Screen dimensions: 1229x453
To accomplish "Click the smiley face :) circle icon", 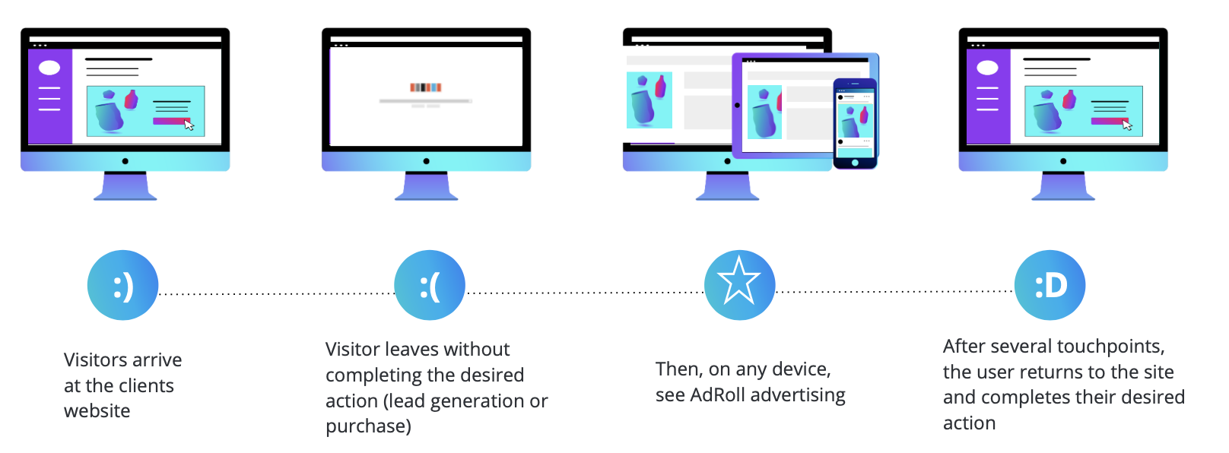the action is coord(123,285).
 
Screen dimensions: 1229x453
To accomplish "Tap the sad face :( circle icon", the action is coord(430,285).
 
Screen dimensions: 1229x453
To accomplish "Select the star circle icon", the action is coord(739,285).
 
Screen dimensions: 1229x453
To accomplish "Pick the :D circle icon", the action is coord(1050,285).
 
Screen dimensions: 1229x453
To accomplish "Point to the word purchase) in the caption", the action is coord(368,426).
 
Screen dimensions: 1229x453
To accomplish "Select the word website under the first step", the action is coord(97,410).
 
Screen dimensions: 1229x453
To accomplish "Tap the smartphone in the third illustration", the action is coord(855,123).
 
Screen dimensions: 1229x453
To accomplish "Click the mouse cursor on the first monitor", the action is coord(189,125).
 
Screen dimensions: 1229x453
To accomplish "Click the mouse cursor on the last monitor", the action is coord(1127,125).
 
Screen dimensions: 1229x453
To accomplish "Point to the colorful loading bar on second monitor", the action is coord(426,87).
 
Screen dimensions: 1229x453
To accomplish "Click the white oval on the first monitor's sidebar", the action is coord(49,68).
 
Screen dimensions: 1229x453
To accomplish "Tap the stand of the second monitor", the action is coord(427,186).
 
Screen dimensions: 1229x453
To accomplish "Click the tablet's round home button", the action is coord(737,106).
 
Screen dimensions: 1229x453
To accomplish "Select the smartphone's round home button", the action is coord(855,163).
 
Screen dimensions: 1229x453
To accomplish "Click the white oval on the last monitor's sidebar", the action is coord(988,68).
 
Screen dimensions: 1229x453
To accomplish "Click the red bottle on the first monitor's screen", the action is coord(131,100).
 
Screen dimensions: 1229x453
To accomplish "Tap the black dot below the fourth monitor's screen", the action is coord(1063,161).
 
